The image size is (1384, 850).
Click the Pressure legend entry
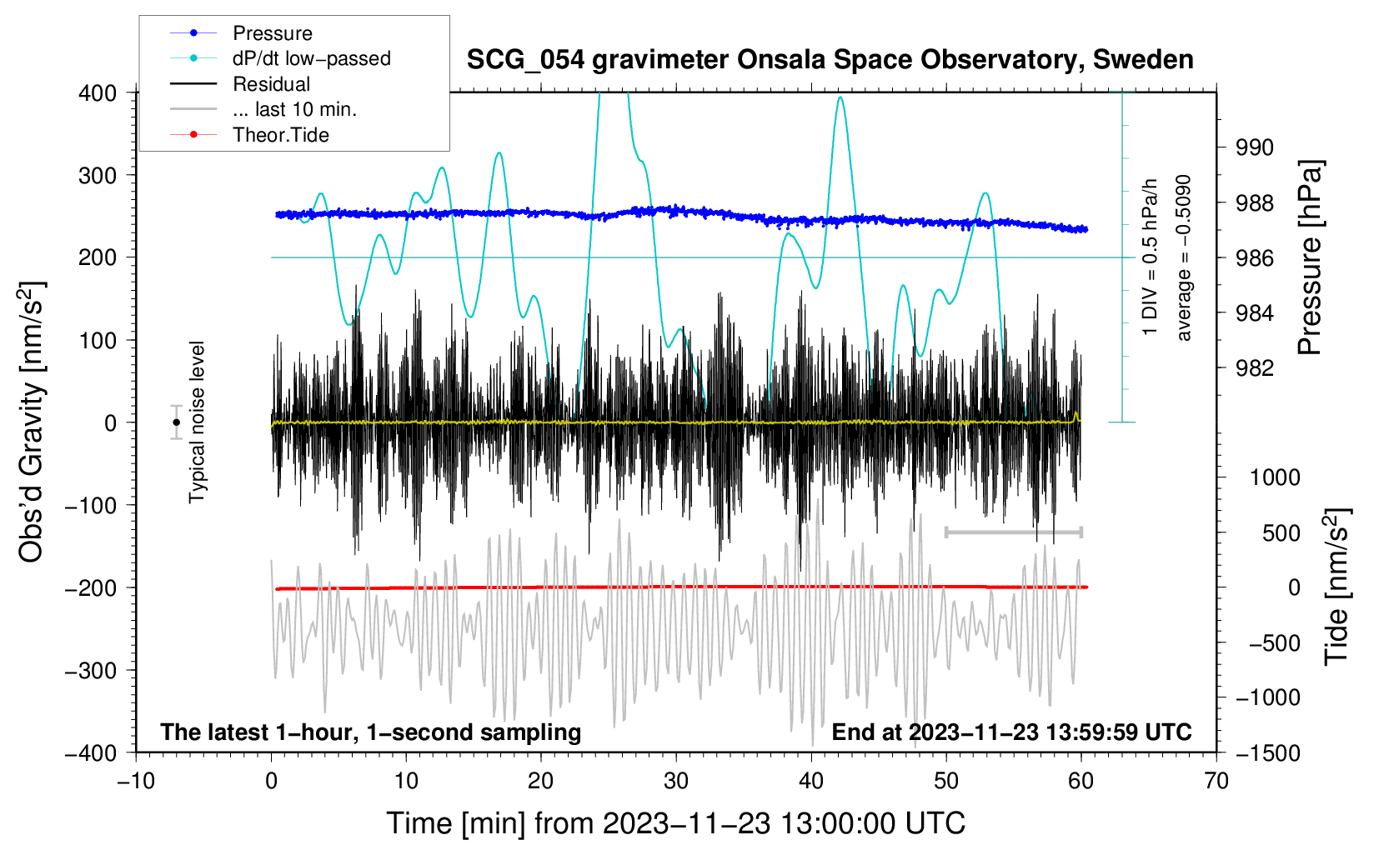click(x=272, y=33)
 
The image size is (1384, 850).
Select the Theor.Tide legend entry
click(x=280, y=135)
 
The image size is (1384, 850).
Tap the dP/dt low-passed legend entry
click(x=311, y=58)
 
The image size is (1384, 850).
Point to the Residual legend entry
click(x=271, y=84)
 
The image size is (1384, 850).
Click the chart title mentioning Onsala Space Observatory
click(x=830, y=60)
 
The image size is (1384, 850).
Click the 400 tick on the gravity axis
click(x=98, y=93)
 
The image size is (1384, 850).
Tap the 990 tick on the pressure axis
click(x=1255, y=147)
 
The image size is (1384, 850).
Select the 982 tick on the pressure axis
click(x=1255, y=368)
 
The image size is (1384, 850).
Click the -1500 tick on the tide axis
click(x=1268, y=753)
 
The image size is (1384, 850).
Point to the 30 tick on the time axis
click(x=676, y=782)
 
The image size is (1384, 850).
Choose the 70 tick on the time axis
click(x=1216, y=782)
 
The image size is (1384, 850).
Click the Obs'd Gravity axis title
click(x=32, y=422)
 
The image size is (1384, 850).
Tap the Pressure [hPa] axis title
click(x=1311, y=257)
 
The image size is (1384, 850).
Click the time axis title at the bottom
click(x=676, y=823)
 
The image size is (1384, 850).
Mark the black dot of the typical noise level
click(x=176, y=422)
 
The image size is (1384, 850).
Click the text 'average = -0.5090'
click(x=1184, y=257)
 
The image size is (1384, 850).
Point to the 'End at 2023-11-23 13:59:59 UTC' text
click(x=1011, y=732)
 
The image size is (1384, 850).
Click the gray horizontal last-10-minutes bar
click(x=1014, y=532)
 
